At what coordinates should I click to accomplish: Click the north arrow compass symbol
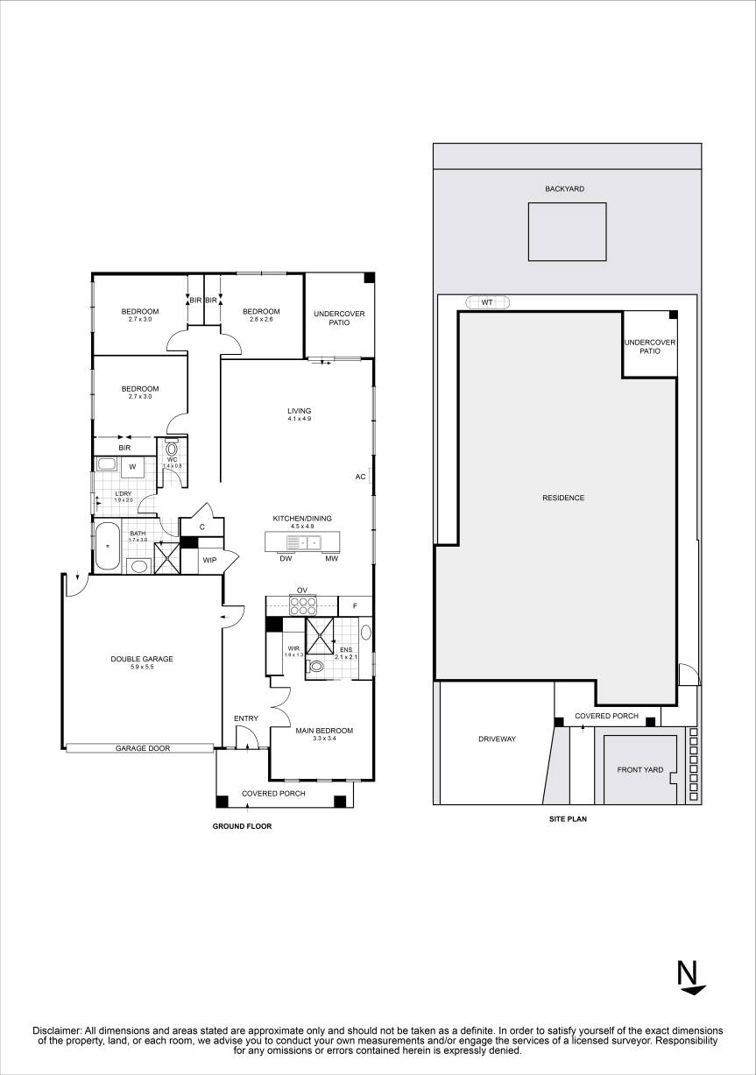tap(689, 978)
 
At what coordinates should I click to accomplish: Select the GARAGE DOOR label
tap(143, 748)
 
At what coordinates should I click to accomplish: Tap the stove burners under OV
tap(303, 605)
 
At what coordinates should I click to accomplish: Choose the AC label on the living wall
tap(360, 477)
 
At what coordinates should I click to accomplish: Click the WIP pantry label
tap(209, 560)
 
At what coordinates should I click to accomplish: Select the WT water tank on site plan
tap(487, 302)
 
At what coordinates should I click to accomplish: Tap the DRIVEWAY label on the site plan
tap(497, 739)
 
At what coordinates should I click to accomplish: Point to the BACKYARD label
tap(564, 188)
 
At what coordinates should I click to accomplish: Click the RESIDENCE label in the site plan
tap(562, 498)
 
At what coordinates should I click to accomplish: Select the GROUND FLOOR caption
tap(243, 825)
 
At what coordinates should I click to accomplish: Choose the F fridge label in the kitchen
tap(355, 605)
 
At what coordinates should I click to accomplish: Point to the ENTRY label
tap(246, 718)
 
